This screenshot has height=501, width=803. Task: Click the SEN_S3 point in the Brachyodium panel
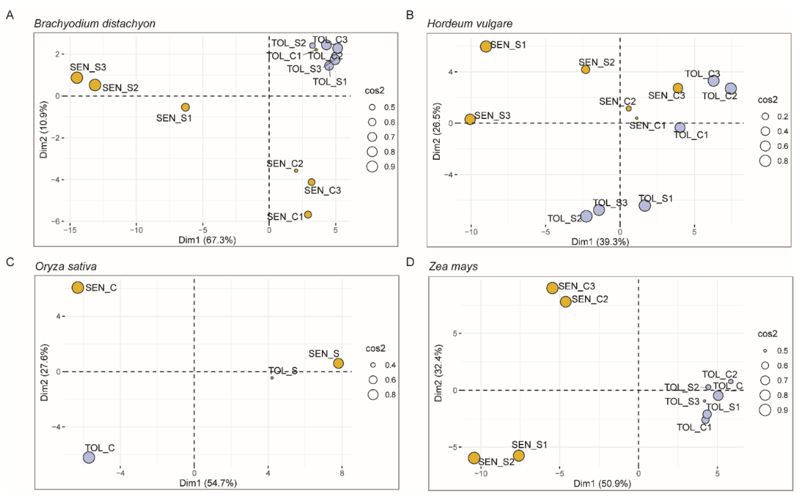click(77, 78)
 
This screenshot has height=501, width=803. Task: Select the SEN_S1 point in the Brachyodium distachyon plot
click(185, 107)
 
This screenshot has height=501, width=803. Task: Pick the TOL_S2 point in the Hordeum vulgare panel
click(586, 216)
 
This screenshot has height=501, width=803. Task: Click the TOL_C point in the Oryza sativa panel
click(89, 458)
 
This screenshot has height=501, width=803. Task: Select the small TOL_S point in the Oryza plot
click(272, 378)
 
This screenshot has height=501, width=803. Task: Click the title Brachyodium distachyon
click(95, 24)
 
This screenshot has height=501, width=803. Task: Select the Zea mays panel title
click(453, 266)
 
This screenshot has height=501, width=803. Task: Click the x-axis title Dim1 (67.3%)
click(207, 240)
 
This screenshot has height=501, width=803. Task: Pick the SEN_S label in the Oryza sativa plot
click(324, 354)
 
